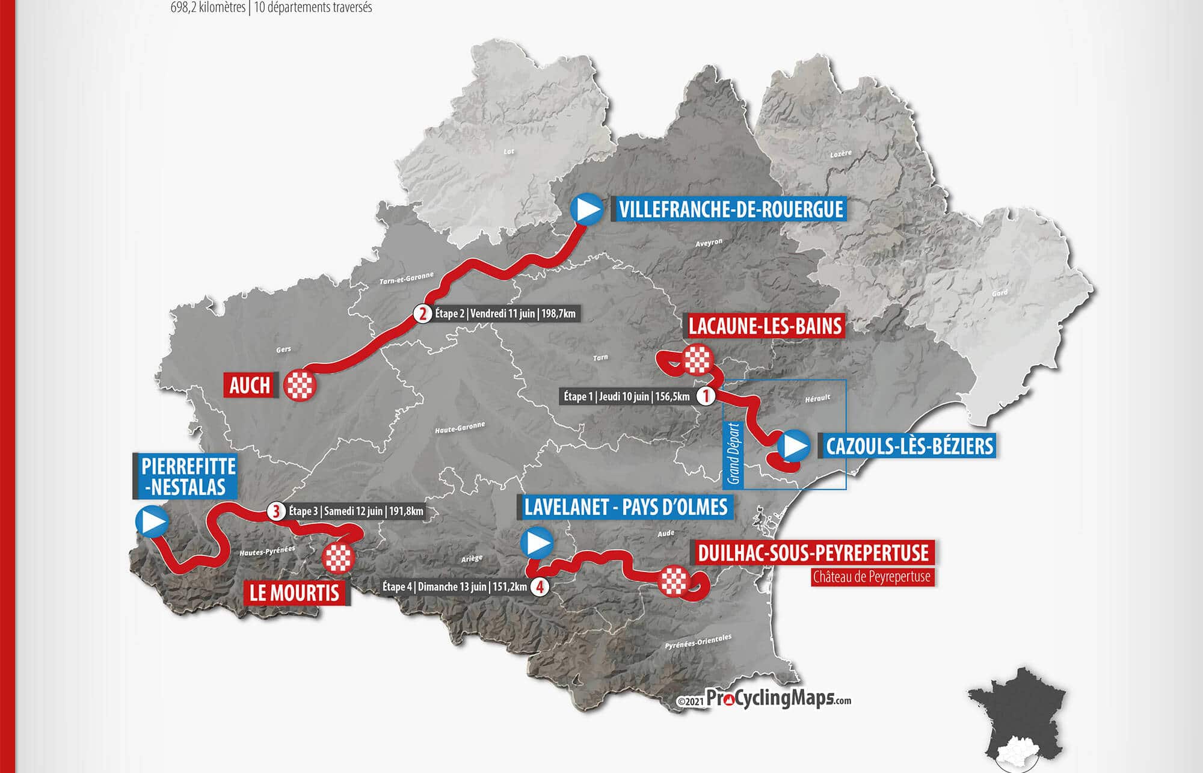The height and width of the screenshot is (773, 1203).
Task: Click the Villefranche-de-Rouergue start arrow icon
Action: (x=586, y=209)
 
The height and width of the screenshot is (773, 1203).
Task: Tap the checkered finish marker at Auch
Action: (x=300, y=385)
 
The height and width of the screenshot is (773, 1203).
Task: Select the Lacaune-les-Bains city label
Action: (x=765, y=326)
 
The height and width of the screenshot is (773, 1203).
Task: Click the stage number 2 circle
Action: (x=423, y=314)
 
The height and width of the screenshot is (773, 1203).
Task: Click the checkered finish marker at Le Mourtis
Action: (x=338, y=558)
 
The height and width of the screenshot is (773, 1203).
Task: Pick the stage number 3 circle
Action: (x=275, y=511)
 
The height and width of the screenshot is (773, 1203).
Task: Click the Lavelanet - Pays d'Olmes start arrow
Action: (x=537, y=543)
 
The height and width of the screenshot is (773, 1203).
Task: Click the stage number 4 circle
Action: (x=540, y=587)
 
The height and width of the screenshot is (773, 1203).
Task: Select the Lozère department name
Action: (x=841, y=154)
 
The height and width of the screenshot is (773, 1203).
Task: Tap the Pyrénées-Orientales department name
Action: (x=698, y=641)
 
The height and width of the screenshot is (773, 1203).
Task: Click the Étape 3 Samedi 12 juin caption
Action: (x=355, y=511)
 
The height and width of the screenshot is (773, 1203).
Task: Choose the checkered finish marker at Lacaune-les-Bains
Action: (x=698, y=360)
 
